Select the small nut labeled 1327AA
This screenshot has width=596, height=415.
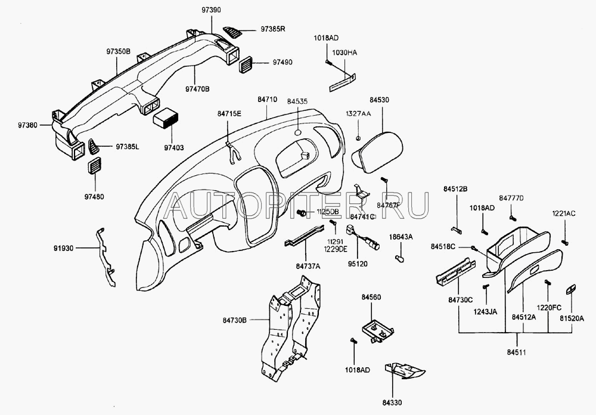(358, 138)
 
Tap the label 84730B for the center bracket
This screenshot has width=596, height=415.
(237, 321)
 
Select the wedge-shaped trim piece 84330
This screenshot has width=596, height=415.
(405, 371)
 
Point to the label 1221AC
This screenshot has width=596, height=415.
(563, 212)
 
